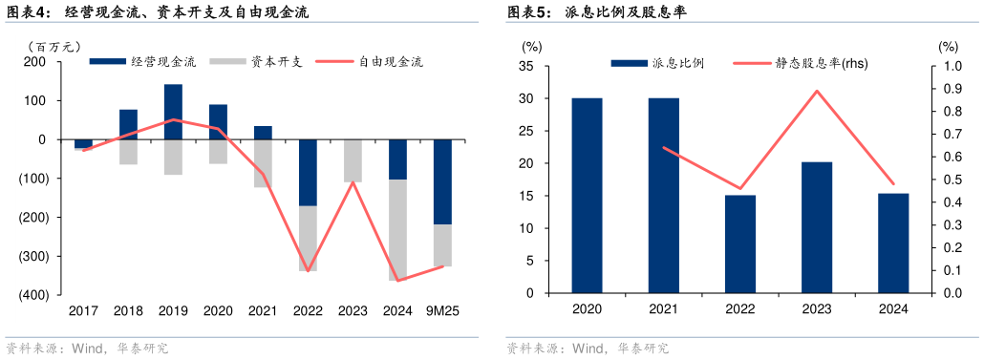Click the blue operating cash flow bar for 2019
coord(173,112)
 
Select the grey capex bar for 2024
coord(397,229)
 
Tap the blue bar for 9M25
coord(442,181)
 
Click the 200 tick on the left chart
coord(35,62)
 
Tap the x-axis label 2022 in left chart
coord(308,311)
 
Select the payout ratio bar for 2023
coord(817,227)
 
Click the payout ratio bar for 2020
coord(587,195)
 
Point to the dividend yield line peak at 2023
coord(817,91)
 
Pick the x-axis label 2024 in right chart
coord(893,309)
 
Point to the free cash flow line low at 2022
coord(308,271)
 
